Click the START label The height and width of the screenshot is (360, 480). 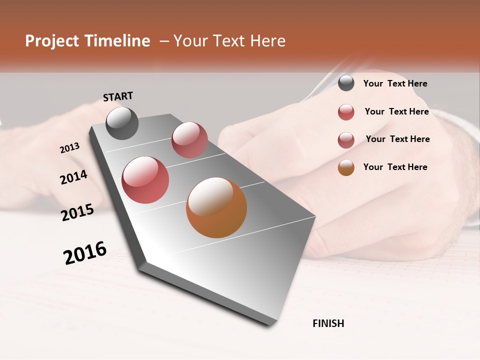tap(118, 96)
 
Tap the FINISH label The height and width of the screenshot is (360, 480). tap(328, 323)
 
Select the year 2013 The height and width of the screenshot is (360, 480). tap(69, 148)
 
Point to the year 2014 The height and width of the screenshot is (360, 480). tap(73, 177)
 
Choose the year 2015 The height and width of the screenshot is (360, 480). tap(77, 212)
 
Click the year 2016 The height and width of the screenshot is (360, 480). tap(85, 252)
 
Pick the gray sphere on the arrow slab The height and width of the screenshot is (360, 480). tap(122, 123)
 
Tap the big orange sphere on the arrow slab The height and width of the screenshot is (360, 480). tap(216, 207)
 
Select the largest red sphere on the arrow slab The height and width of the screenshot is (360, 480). tap(145, 180)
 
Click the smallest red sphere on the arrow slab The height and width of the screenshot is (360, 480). tap(189, 140)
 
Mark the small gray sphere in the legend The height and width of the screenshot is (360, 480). tap(346, 83)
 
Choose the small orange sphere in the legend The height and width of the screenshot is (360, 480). tap(346, 167)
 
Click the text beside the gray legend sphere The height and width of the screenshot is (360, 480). tap(395, 84)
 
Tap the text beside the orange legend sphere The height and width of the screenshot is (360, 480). tap(395, 167)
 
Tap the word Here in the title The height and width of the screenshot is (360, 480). tap(268, 41)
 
